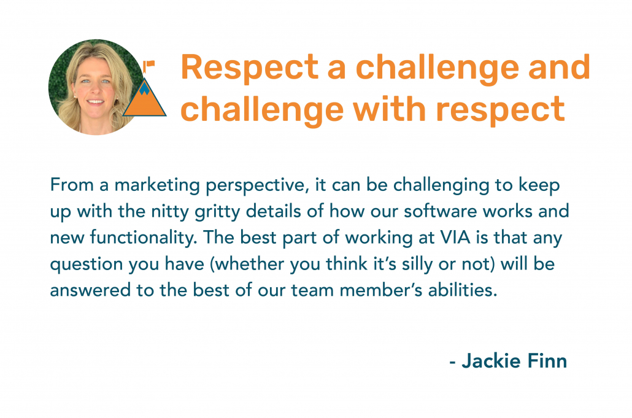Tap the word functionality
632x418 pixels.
click(143, 238)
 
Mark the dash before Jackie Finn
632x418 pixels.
click(453, 362)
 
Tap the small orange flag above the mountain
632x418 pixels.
click(148, 64)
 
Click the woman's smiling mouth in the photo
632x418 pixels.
click(96, 102)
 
